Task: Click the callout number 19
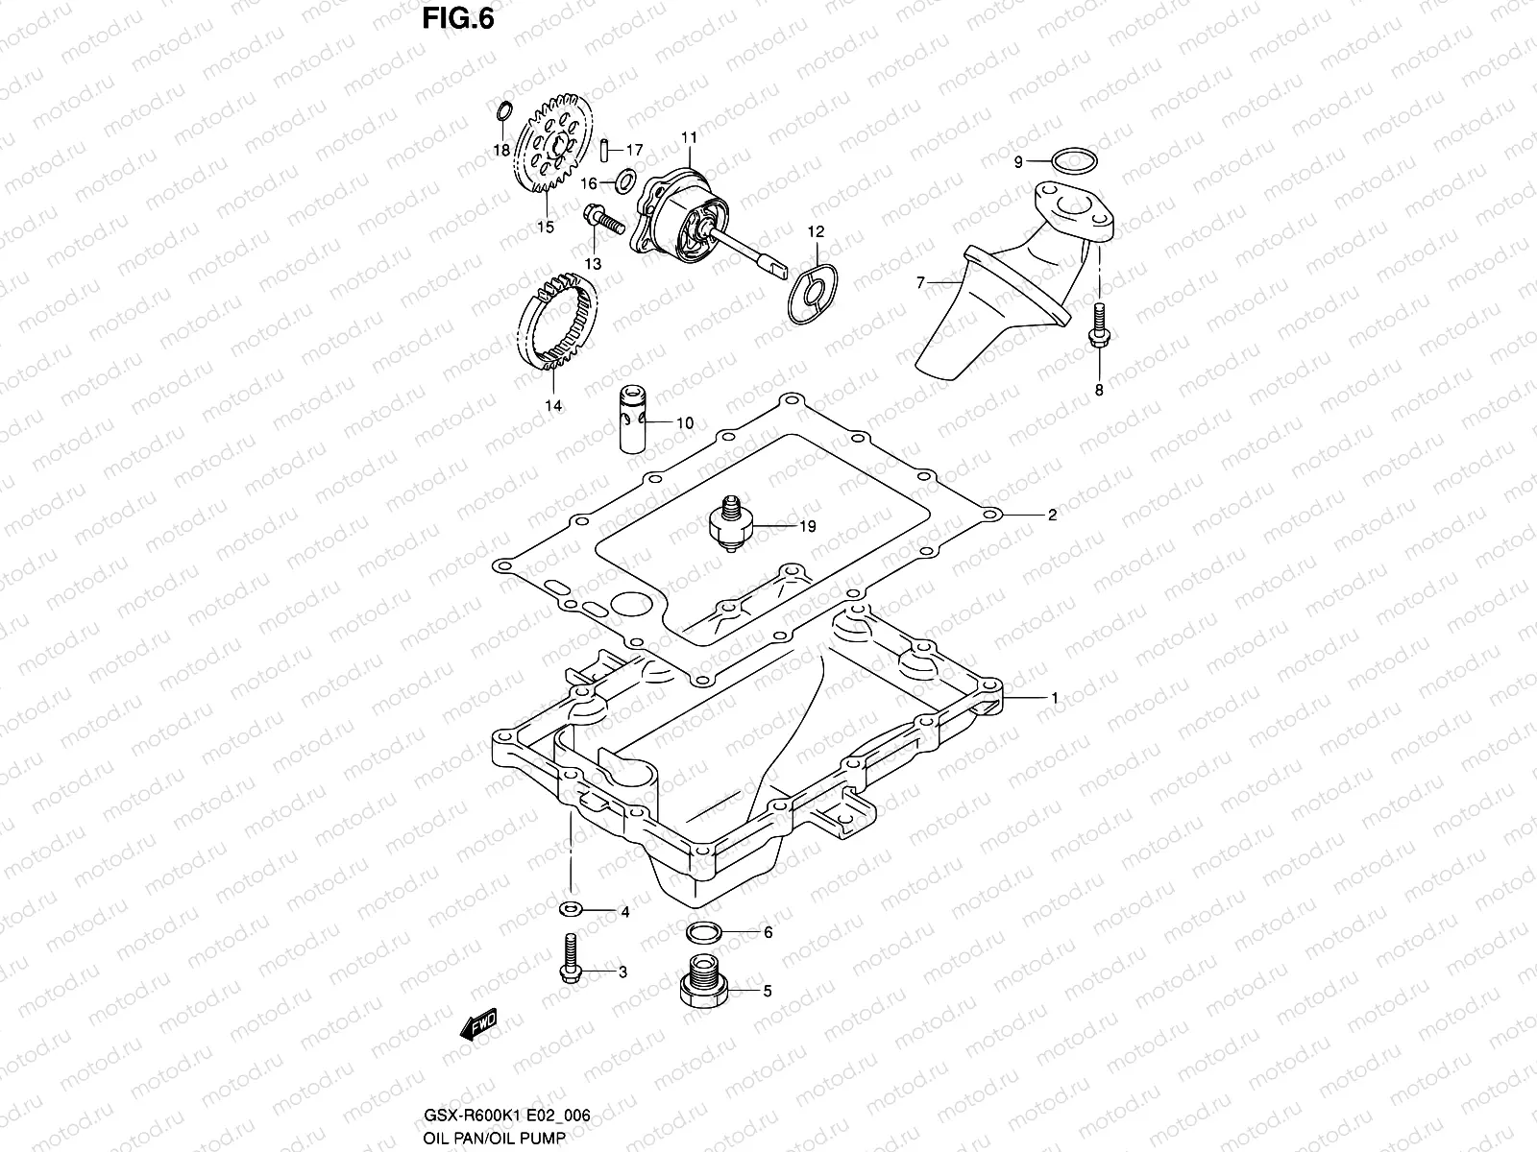point(807,527)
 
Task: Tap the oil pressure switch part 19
point(726,525)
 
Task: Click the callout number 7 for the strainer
point(920,282)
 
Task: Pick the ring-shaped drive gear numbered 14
point(565,326)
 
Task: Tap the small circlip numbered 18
point(503,113)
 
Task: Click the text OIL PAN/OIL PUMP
point(494,1139)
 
